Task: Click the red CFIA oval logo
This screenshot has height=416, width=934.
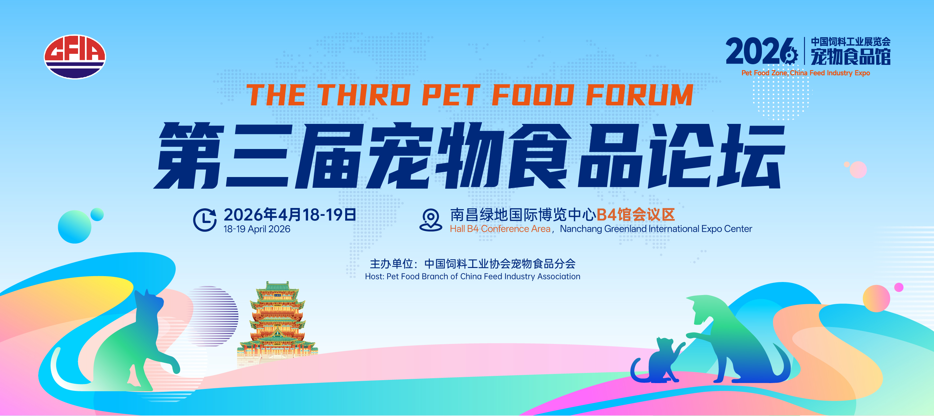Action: [x=75, y=56]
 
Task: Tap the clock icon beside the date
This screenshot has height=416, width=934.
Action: [x=205, y=219]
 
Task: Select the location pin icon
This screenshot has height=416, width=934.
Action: [x=431, y=220]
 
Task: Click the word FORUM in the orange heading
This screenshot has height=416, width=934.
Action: [x=639, y=95]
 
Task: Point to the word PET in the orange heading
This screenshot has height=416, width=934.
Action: [x=451, y=95]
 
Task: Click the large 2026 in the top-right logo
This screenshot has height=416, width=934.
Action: [x=758, y=51]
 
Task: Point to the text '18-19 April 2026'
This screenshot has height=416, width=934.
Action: [x=257, y=229]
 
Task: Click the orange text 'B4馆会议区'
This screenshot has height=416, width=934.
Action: [x=636, y=215]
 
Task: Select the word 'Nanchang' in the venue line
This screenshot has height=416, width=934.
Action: [x=581, y=229]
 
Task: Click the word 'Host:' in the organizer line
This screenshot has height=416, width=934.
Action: [x=375, y=276]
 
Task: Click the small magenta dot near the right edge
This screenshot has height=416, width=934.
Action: [x=899, y=287]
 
